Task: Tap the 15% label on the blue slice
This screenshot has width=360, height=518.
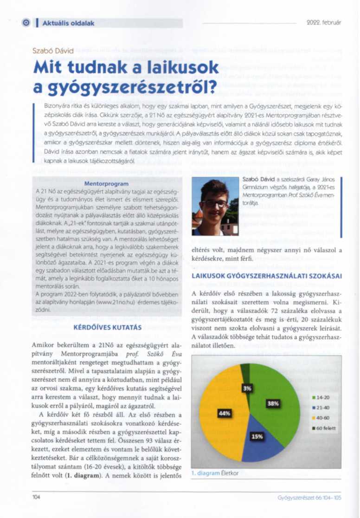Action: (257, 436)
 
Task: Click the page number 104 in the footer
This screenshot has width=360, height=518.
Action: (37, 497)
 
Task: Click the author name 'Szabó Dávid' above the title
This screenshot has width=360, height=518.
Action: (53, 51)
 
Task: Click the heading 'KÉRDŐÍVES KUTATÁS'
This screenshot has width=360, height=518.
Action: (107, 328)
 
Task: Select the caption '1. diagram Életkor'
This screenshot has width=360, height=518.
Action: (214, 473)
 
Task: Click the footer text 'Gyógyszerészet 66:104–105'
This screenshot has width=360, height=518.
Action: (309, 497)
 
